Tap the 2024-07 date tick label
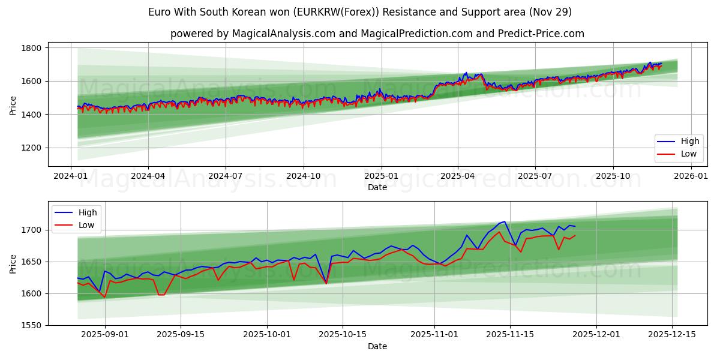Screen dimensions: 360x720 (x=226, y=176)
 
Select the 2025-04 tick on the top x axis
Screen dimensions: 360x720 (x=458, y=176)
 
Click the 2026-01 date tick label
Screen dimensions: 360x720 (x=691, y=176)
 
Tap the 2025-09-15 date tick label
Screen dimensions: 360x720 (x=181, y=335)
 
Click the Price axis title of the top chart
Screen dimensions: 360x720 (x=13, y=105)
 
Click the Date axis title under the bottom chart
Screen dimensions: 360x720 (x=377, y=346)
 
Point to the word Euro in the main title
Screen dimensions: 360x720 (x=159, y=12)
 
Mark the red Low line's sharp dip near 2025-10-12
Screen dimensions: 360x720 (x=326, y=283)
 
